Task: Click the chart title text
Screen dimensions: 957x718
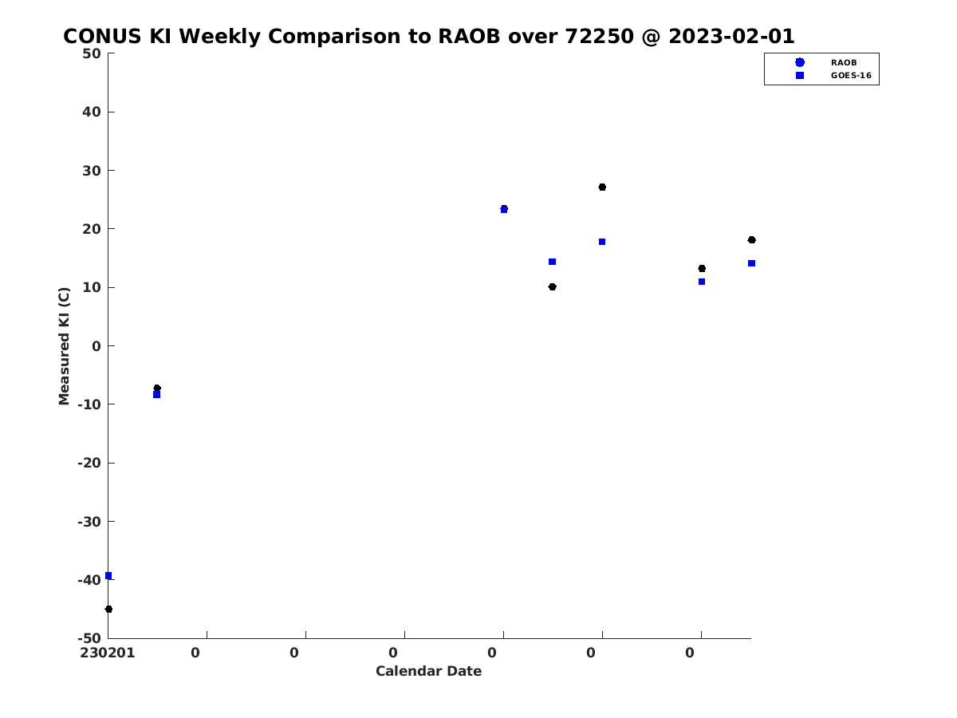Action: coord(428,36)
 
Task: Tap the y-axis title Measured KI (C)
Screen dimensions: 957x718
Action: coord(64,345)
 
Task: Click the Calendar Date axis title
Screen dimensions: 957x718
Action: coord(428,671)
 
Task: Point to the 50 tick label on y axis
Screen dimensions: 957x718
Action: coord(92,53)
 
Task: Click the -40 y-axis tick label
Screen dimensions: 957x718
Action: coord(89,580)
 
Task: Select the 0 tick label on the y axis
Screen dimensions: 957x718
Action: coord(96,346)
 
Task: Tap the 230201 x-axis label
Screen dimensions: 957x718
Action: coord(107,653)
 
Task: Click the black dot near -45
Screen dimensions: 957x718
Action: coord(109,609)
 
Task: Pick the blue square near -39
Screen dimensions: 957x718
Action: coord(108,576)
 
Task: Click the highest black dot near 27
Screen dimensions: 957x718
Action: coord(602,187)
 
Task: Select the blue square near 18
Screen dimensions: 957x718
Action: coord(602,242)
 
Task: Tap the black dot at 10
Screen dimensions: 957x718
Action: coord(553,286)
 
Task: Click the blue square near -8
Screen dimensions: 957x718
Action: coord(157,395)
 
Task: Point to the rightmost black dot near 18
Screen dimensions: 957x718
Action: coord(752,240)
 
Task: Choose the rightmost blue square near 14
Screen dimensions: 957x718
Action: coord(752,263)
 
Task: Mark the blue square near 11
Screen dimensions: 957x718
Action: coord(702,282)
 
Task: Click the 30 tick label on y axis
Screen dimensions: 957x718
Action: coord(92,171)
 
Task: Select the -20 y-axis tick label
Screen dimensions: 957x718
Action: coord(89,463)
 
